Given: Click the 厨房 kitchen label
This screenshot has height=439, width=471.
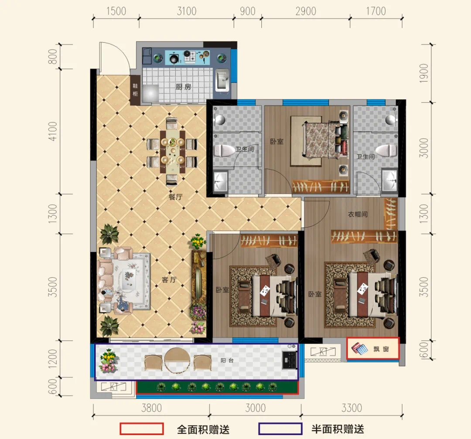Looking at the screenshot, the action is click(183, 87).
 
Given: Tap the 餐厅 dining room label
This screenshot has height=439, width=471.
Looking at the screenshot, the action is click(176, 197).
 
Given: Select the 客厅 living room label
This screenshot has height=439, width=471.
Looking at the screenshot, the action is click(169, 280).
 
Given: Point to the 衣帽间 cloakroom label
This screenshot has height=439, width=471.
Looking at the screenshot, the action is click(358, 214).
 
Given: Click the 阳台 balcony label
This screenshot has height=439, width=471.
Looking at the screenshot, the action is click(227, 361).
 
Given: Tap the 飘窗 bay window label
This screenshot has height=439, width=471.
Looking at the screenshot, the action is click(381, 349).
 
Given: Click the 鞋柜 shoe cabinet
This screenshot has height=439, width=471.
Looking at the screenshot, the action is click(135, 90).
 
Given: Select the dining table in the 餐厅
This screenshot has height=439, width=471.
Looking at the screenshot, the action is click(172, 152).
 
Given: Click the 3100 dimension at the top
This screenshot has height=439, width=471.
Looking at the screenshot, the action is click(187, 11).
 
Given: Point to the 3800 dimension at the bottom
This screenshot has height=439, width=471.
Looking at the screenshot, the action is click(152, 408).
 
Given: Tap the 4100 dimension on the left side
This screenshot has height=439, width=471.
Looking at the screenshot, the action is click(52, 131).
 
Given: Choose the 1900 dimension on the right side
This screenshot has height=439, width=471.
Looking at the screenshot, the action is click(423, 73).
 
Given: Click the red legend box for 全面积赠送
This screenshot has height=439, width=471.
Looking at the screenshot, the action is click(142, 429).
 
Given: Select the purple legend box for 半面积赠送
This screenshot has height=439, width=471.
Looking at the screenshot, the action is click(280, 429).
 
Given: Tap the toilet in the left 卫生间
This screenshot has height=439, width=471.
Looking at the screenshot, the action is click(225, 150).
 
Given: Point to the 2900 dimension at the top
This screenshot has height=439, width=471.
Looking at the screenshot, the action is click(305, 11).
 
